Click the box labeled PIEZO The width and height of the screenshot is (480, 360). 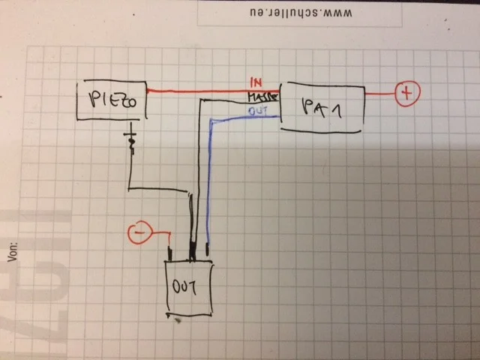point(111,100)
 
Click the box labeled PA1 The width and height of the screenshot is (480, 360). point(322,106)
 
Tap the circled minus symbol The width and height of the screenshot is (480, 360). point(137,234)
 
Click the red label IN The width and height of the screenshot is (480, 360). point(256,82)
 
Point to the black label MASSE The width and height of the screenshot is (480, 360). point(264,98)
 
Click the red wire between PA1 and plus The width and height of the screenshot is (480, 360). point(379,94)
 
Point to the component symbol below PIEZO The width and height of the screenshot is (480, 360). point(133,142)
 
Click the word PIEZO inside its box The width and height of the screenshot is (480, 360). point(110,100)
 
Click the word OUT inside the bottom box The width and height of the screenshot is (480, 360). point(187,286)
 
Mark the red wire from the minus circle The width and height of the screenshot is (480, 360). point(159,236)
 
